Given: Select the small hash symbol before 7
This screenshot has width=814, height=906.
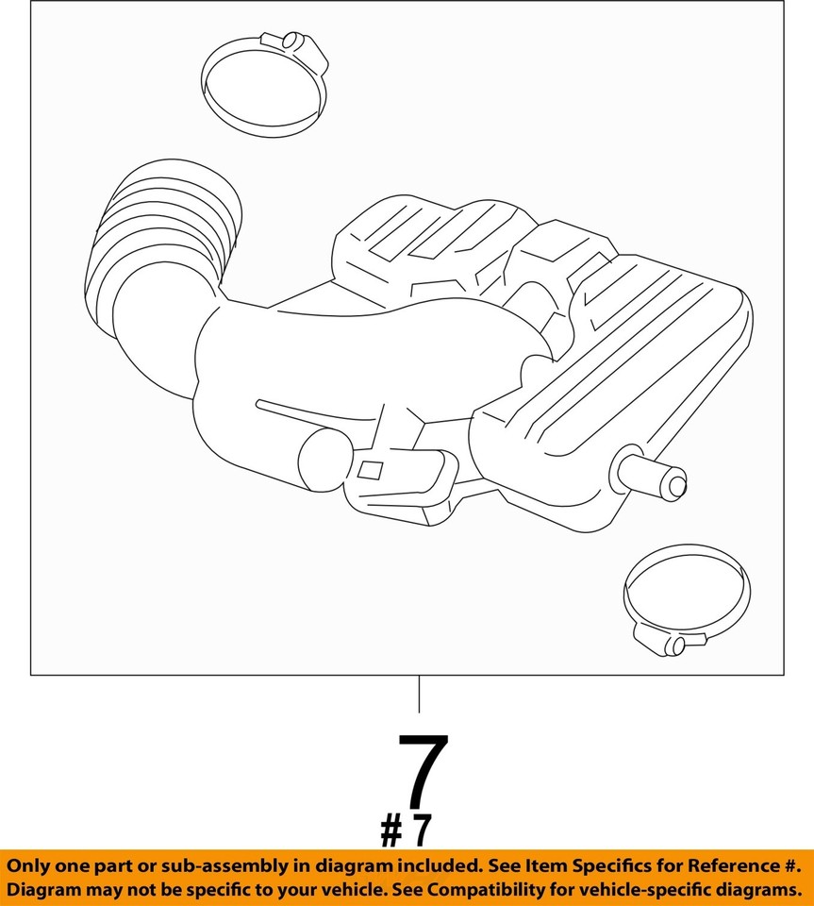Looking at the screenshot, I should pyautogui.click(x=391, y=831).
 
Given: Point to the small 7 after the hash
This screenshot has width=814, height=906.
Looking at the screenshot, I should pyautogui.click(x=422, y=831).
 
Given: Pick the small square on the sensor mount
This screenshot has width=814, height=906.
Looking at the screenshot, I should pyautogui.click(x=370, y=469).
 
